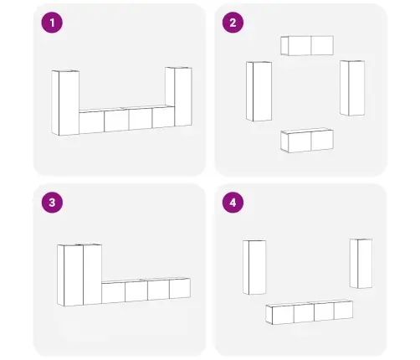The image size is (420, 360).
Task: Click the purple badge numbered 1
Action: [x=52, y=23]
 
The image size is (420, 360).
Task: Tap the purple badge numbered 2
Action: [x=233, y=23]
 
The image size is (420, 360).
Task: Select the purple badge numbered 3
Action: [x=52, y=203]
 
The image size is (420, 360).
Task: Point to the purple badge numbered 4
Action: [x=233, y=203]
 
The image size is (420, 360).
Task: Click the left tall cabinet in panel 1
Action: [x=65, y=103]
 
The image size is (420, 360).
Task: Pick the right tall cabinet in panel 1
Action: [x=178, y=96]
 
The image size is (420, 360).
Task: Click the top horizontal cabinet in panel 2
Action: [x=307, y=45]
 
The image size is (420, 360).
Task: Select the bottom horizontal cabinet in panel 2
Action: [x=307, y=141]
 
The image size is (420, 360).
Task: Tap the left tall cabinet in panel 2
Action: [x=259, y=91]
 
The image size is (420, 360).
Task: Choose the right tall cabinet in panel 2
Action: [x=352, y=88]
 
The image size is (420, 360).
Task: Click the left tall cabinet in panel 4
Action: [x=254, y=267]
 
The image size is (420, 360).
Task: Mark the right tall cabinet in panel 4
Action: [x=361, y=264]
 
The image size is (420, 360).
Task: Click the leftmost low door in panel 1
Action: [x=91, y=122]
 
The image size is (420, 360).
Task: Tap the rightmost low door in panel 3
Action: [x=180, y=288]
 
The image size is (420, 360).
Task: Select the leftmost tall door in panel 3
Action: [x=74, y=275]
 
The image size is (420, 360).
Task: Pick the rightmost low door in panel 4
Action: [x=343, y=310]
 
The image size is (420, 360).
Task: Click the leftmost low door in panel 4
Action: [x=283, y=315]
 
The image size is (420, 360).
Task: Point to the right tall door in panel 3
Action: [x=92, y=275]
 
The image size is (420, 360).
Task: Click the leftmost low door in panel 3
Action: [x=113, y=293]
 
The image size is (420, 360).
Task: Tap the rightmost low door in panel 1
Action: [x=163, y=117]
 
